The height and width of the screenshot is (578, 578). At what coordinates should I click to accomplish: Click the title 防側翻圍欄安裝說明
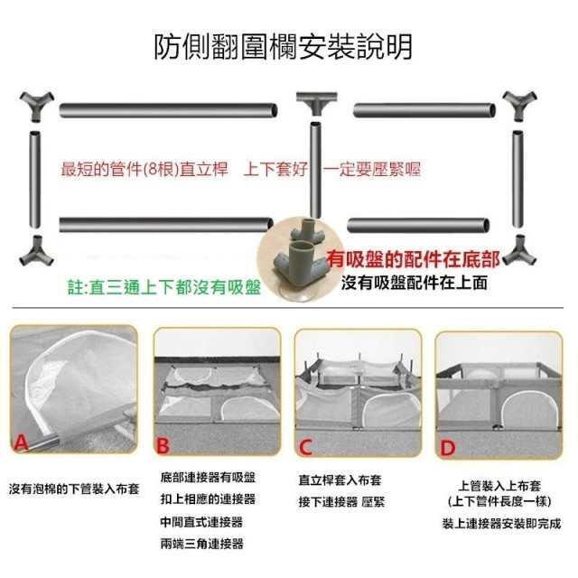283,47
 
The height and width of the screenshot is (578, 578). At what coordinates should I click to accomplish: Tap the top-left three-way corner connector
36,106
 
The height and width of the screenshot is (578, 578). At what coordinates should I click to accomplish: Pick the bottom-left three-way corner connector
36,251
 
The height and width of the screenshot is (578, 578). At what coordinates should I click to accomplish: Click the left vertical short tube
35,180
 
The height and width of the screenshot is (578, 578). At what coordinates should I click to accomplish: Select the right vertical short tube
517,179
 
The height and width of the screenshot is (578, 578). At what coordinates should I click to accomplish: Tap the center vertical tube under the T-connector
315,171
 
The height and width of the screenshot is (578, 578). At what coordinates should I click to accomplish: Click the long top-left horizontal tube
169,110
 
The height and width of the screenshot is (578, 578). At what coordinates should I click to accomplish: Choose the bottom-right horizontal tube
418,225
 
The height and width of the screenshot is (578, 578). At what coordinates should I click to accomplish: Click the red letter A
21,442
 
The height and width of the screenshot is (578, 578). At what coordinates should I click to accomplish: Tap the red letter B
163,445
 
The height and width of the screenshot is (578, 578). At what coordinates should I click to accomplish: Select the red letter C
305,447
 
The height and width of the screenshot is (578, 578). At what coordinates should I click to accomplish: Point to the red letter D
448,448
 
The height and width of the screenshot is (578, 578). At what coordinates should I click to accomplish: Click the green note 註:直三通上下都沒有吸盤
164,287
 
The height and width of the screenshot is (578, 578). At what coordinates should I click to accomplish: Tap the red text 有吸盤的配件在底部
413,259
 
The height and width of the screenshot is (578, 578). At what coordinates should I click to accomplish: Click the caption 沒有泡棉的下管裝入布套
74,489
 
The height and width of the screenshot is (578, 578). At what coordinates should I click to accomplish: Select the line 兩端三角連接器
202,544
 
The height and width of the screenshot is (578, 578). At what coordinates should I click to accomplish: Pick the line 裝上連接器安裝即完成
501,524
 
